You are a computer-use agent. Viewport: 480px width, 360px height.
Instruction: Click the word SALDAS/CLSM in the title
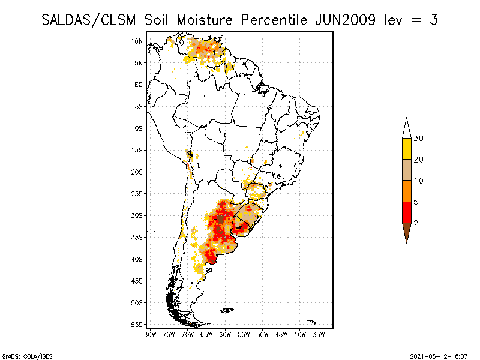91,20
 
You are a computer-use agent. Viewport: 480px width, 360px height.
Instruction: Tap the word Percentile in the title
274,20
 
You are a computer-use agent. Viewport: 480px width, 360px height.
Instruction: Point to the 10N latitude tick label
137,41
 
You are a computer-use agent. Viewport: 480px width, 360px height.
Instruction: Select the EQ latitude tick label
139,85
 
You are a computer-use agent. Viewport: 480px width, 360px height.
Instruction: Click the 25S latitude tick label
137,194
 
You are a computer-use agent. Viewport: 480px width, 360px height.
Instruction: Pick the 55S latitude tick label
137,325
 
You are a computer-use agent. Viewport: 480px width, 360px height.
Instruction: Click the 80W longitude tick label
150,334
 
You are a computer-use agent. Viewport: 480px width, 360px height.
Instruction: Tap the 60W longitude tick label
225,334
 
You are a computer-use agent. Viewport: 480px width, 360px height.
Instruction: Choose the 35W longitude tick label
319,334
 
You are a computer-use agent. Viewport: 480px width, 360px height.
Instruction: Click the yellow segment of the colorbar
406,149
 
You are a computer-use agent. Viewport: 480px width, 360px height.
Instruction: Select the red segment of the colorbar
406,212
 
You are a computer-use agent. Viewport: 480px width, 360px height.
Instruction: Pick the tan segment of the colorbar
406,170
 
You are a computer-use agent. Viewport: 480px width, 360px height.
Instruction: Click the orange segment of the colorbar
406,191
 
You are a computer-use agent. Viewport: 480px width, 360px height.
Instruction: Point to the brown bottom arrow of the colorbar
406,231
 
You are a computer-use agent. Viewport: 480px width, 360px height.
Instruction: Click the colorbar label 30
419,139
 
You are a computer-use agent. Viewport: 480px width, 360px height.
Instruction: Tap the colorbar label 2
416,223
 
